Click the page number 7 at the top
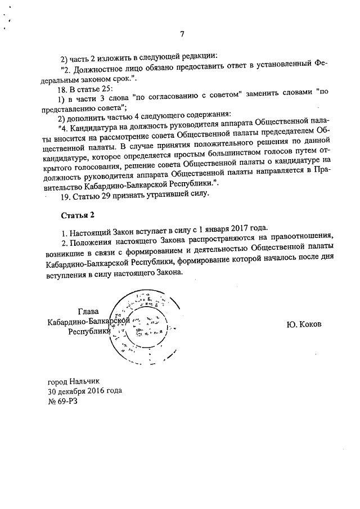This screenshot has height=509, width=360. pos(182,34)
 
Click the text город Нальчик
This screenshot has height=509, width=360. pos(73,381)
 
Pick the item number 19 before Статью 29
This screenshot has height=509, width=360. pos(64,194)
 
